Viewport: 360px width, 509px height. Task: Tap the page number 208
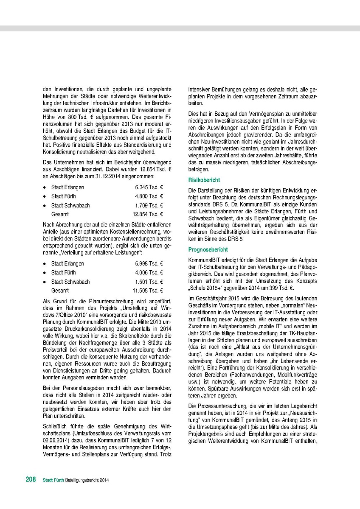(30, 480)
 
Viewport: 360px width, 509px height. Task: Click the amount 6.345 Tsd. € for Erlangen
(149, 187)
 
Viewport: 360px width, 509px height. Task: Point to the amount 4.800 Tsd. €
(149, 196)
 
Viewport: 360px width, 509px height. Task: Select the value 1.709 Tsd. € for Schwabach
(149, 205)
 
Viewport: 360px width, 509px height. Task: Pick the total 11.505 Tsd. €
(148, 291)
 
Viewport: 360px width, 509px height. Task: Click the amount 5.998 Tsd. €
(149, 263)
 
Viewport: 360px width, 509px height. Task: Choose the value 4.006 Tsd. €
(149, 272)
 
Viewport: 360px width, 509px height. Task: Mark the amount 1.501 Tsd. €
(149, 282)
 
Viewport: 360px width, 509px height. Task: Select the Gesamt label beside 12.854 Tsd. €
(60, 214)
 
